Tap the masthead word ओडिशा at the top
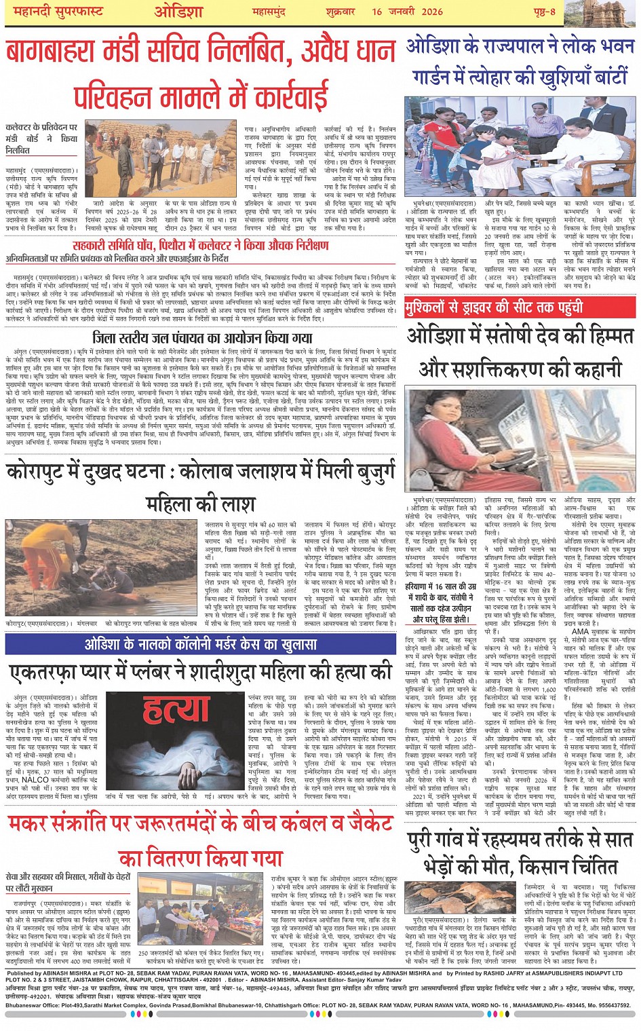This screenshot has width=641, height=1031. (x=179, y=11)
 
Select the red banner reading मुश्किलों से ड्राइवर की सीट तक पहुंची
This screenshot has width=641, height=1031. (x=494, y=307)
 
